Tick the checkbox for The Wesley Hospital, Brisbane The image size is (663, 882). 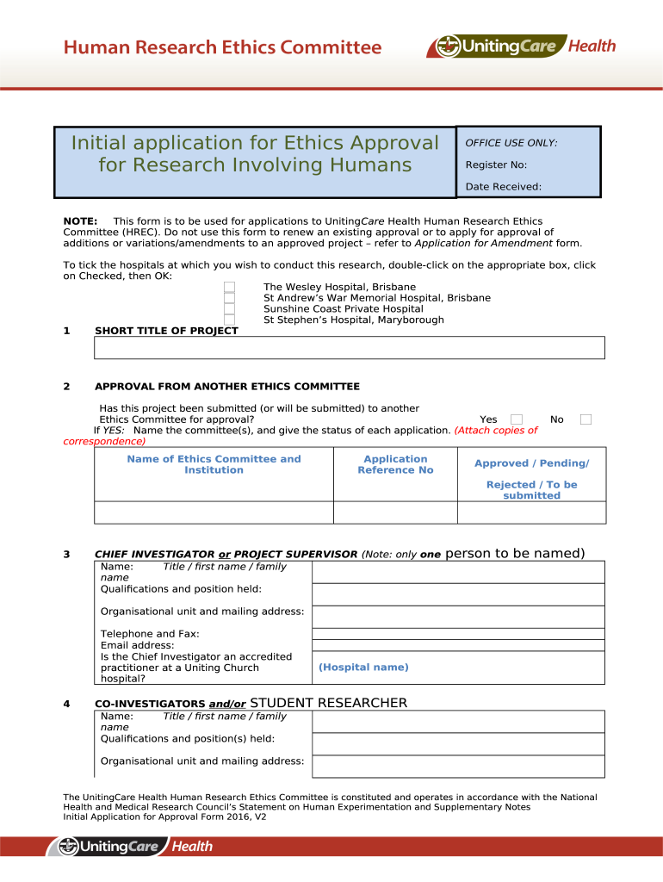(x=230, y=287)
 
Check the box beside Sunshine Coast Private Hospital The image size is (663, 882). (x=230, y=309)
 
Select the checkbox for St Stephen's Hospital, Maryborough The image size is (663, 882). (x=230, y=320)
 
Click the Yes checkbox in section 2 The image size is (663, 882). (x=517, y=419)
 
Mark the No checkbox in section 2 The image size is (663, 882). (x=586, y=419)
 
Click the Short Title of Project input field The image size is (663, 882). (x=350, y=347)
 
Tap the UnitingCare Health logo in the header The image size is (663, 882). (x=522, y=46)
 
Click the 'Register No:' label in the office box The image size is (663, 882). (x=496, y=165)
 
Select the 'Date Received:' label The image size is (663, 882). (x=504, y=186)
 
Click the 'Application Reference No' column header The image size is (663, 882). (x=395, y=465)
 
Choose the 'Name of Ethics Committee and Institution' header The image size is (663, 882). (x=214, y=465)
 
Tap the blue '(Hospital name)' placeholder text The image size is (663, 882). (x=363, y=668)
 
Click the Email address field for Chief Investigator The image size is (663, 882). (x=458, y=645)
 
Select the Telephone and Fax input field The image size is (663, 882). (x=458, y=633)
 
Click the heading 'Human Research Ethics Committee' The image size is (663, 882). (x=222, y=47)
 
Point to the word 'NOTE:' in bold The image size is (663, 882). (x=80, y=222)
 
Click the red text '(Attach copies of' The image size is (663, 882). (x=496, y=431)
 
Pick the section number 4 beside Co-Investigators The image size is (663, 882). (x=67, y=704)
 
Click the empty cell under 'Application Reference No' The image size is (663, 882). (x=395, y=512)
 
